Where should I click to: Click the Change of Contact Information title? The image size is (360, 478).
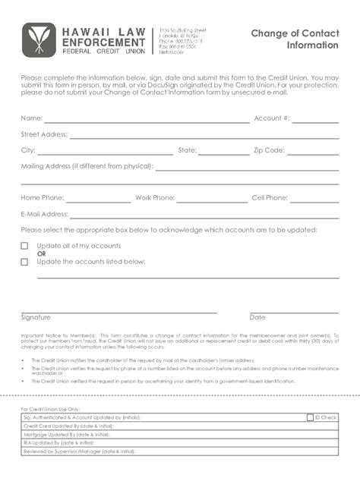(295, 39)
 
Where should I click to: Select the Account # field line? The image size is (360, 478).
(315, 119)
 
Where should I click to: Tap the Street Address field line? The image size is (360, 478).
(204, 136)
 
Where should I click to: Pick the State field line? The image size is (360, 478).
(223, 152)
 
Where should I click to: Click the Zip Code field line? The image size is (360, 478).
(313, 152)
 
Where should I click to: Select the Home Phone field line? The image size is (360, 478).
(98, 200)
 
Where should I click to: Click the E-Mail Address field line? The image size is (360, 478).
(204, 215)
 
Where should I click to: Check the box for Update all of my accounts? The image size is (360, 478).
(24, 246)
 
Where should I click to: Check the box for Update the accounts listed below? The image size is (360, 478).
(24, 262)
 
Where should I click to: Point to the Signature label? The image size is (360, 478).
(36, 317)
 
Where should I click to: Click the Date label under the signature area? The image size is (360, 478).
(257, 317)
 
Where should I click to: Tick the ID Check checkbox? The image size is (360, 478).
(310, 417)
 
